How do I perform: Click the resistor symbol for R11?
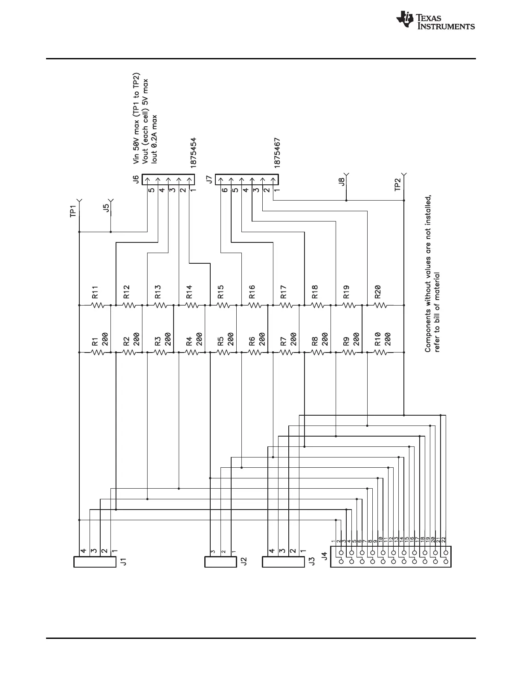(98, 305)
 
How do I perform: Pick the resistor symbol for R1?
(98, 353)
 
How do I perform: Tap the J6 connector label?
(136, 179)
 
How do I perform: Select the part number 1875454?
(194, 153)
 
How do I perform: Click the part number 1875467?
(278, 153)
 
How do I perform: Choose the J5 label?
(107, 208)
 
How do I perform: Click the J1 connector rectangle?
(95, 562)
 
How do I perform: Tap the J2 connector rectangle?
(220, 562)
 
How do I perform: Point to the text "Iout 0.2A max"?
(155, 139)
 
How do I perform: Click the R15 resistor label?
(220, 291)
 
